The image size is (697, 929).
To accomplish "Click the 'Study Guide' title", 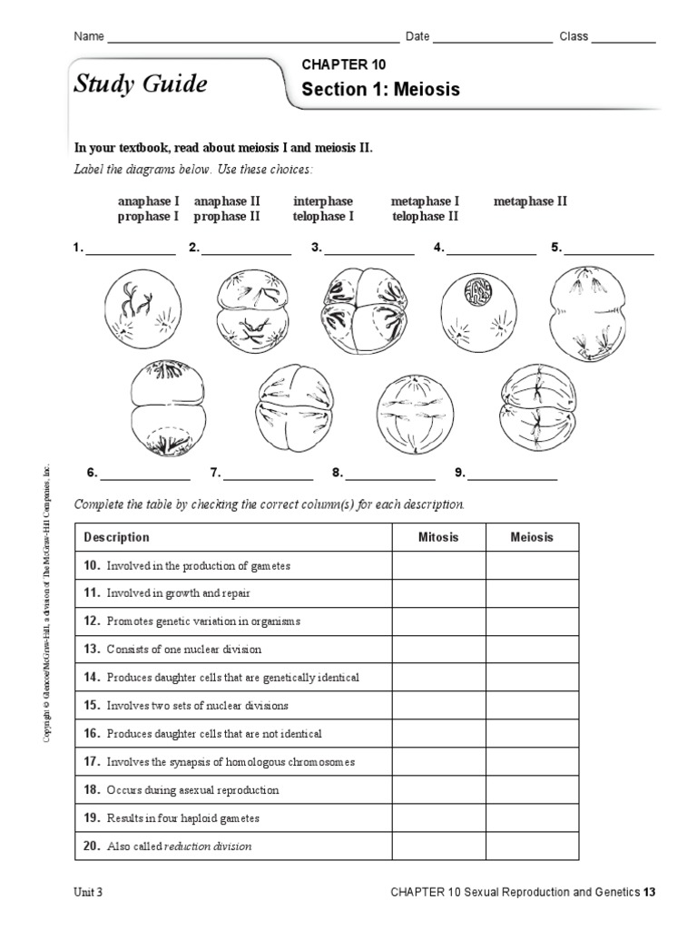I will [x=140, y=84].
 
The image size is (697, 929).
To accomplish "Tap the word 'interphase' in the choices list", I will [x=323, y=201].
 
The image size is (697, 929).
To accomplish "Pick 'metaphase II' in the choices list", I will [x=530, y=201].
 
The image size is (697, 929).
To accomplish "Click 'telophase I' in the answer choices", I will [x=323, y=217].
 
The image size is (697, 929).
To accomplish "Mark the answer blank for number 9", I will [x=512, y=474].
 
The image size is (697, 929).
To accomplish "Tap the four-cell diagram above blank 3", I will [x=361, y=311].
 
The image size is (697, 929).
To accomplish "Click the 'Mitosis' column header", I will [x=438, y=537].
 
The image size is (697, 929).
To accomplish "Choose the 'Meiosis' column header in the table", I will [x=532, y=537].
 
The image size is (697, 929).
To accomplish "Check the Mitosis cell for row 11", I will [x=438, y=593].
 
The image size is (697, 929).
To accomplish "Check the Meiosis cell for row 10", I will [x=532, y=565].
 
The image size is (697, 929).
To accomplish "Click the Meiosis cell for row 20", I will [x=532, y=846].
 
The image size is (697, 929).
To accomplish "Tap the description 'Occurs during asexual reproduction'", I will [x=192, y=790].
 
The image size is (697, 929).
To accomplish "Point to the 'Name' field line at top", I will [x=253, y=37].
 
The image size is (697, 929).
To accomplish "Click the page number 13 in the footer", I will [x=649, y=892].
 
